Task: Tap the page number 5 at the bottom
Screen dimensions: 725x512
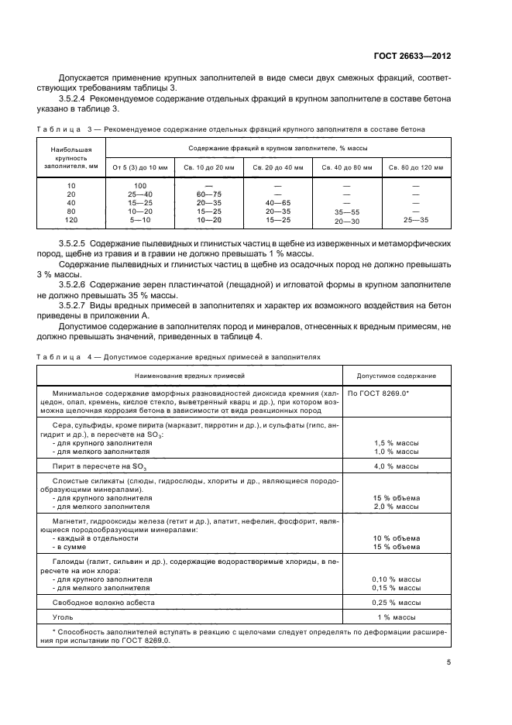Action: (448, 661)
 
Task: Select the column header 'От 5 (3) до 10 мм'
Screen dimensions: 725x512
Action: (140, 167)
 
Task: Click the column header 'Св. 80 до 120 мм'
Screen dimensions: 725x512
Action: (416, 167)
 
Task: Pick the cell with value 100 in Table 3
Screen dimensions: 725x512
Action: (140, 186)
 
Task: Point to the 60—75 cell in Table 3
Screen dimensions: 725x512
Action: (208, 194)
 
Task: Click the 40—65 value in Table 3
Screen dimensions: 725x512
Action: (277, 203)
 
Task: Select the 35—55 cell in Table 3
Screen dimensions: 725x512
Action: (346, 211)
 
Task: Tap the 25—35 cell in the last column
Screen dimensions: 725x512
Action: (416, 220)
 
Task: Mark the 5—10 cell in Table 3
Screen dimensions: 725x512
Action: (140, 220)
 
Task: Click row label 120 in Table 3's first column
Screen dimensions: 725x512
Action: (71, 220)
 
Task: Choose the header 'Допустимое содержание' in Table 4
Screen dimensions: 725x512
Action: (396, 376)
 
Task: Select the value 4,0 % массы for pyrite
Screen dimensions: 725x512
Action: (396, 466)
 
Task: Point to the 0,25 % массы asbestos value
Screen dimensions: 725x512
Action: (396, 602)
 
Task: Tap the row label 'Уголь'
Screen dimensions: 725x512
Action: (62, 617)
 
